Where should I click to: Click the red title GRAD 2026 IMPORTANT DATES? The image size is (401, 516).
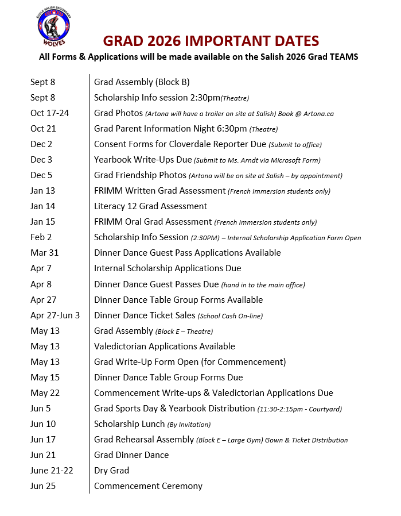211,41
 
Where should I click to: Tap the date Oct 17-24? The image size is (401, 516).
49,113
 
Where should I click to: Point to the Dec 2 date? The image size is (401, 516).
41,144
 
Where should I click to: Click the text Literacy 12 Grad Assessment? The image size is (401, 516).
150,206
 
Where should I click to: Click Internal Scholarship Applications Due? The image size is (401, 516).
168,268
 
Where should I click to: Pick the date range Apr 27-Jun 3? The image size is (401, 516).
55,315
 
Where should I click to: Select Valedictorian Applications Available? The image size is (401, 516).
165,346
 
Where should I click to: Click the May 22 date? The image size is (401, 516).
45,393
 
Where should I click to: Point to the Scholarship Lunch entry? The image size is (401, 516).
129,424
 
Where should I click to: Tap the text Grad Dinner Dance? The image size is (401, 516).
131,455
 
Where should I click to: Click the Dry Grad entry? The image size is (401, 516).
111,471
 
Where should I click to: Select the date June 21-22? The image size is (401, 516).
51,471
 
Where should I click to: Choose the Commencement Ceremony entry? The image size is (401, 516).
148,486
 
